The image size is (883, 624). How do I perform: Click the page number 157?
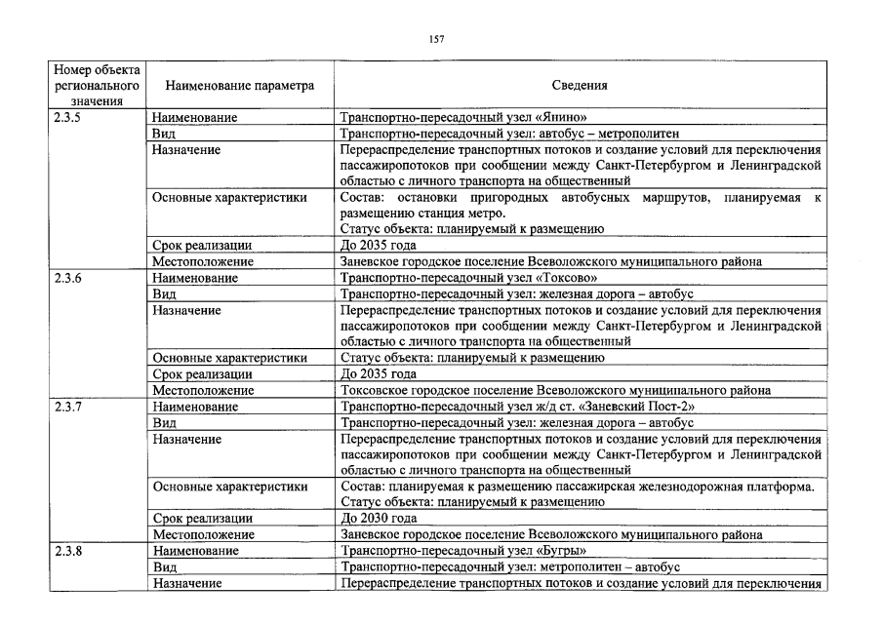(436, 39)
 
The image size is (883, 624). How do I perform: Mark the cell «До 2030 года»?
(379, 519)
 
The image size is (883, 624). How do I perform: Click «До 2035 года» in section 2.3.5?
(379, 246)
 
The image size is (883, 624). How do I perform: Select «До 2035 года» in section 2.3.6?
(379, 374)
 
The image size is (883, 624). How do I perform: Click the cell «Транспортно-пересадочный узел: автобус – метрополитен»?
(508, 134)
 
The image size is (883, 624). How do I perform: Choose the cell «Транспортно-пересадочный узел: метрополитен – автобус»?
(508, 566)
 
